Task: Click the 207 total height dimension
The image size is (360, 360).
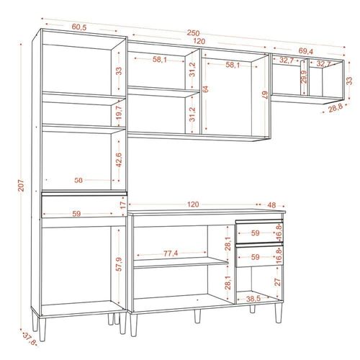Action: tap(21, 185)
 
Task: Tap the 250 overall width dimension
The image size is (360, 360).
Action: tap(193, 33)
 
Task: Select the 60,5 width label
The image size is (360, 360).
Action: tap(79, 27)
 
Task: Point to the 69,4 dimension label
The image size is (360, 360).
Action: tap(306, 51)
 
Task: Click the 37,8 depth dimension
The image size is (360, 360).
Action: tap(30, 338)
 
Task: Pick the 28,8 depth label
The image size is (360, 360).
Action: tap(336, 109)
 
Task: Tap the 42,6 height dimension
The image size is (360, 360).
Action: tap(119, 160)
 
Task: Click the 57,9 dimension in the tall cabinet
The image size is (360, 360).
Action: tap(119, 264)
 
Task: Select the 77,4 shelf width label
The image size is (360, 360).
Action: tap(171, 253)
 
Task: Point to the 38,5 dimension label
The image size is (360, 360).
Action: tap(253, 299)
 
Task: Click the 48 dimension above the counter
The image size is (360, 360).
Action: tap(271, 205)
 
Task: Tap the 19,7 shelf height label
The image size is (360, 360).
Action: tap(119, 112)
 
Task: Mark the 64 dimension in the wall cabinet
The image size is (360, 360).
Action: tap(205, 89)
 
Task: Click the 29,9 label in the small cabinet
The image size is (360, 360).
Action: tap(304, 77)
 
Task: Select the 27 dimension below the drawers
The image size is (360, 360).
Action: tap(278, 282)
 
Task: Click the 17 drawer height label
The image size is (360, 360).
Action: tap(123, 205)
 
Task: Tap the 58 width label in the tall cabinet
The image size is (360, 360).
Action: tap(78, 180)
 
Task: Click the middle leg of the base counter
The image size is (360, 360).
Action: tap(197, 316)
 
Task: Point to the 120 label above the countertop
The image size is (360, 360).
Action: tap(193, 204)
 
